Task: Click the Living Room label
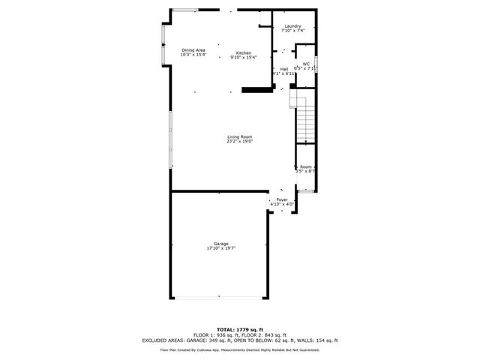point(240,136)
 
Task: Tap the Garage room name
point(220,244)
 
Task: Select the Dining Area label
point(193,50)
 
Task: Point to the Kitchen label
point(244,52)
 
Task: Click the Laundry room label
point(292,26)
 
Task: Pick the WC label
point(306,64)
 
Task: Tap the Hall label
point(284,69)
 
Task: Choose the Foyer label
point(282,199)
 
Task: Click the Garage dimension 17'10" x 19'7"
point(220,248)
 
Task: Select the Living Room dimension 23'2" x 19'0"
point(240,141)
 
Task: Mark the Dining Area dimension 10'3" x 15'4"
point(193,55)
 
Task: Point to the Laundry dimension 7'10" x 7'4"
point(292,31)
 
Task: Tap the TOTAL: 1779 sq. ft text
point(240,330)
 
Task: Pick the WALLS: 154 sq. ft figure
point(319,340)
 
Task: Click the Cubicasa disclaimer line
point(240,350)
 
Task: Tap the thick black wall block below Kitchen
point(256,90)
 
